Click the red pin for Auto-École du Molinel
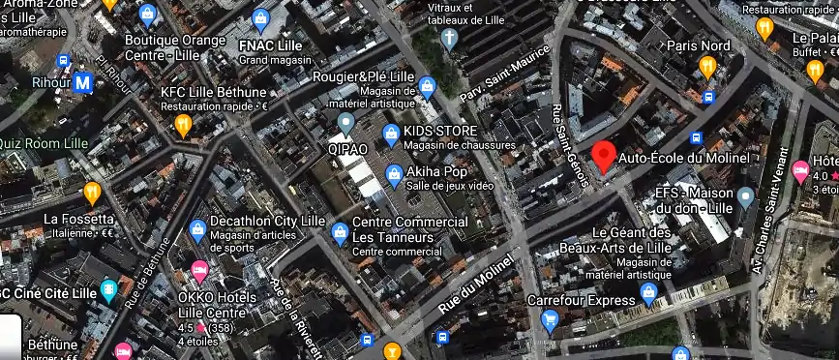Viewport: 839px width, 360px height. click(x=604, y=156)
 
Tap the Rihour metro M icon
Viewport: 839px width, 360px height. click(x=83, y=83)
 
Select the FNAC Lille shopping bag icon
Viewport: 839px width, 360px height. click(x=260, y=18)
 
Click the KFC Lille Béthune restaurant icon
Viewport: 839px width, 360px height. click(x=183, y=123)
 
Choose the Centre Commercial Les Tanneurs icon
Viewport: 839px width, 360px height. click(x=340, y=232)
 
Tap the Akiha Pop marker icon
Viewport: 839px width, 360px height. click(x=394, y=175)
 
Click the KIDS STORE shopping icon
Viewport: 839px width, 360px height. click(x=391, y=132)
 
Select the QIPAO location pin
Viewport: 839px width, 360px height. click(x=346, y=124)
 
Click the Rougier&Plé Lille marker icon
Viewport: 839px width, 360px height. click(x=428, y=88)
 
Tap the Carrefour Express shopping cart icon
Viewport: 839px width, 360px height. click(x=550, y=319)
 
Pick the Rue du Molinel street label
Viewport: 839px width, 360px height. click(x=473, y=285)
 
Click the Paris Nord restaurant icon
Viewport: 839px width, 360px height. click(x=707, y=67)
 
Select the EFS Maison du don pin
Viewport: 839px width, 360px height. click(x=745, y=198)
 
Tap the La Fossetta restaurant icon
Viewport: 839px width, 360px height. click(x=92, y=193)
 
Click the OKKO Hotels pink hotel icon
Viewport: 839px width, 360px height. click(x=199, y=269)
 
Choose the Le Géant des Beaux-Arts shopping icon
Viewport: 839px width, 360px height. click(x=649, y=291)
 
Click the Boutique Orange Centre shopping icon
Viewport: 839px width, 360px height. click(x=147, y=15)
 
